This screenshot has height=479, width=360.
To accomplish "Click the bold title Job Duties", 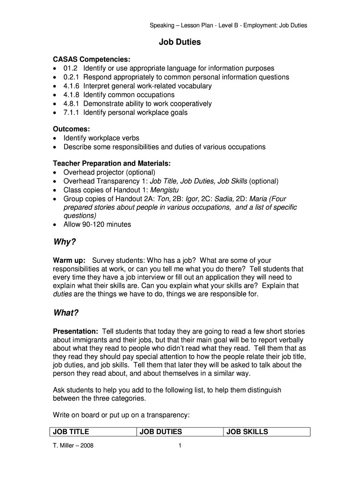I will click(x=180, y=42).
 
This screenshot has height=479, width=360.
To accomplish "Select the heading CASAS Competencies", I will click(x=92, y=59).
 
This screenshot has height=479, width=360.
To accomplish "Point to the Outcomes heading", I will click(x=72, y=129).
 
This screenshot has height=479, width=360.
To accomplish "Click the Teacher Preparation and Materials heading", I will click(x=112, y=163).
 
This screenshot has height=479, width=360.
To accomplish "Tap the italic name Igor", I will click(x=192, y=199).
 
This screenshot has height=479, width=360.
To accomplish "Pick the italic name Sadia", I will click(x=225, y=199).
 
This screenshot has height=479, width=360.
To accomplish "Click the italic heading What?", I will click(x=66, y=313).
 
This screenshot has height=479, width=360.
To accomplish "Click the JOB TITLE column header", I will click(x=72, y=432).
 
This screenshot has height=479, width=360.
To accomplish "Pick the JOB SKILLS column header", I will click(x=247, y=432).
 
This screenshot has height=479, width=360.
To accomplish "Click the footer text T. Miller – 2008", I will click(x=73, y=446).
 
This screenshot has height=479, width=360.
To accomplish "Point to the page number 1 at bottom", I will click(x=180, y=446).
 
